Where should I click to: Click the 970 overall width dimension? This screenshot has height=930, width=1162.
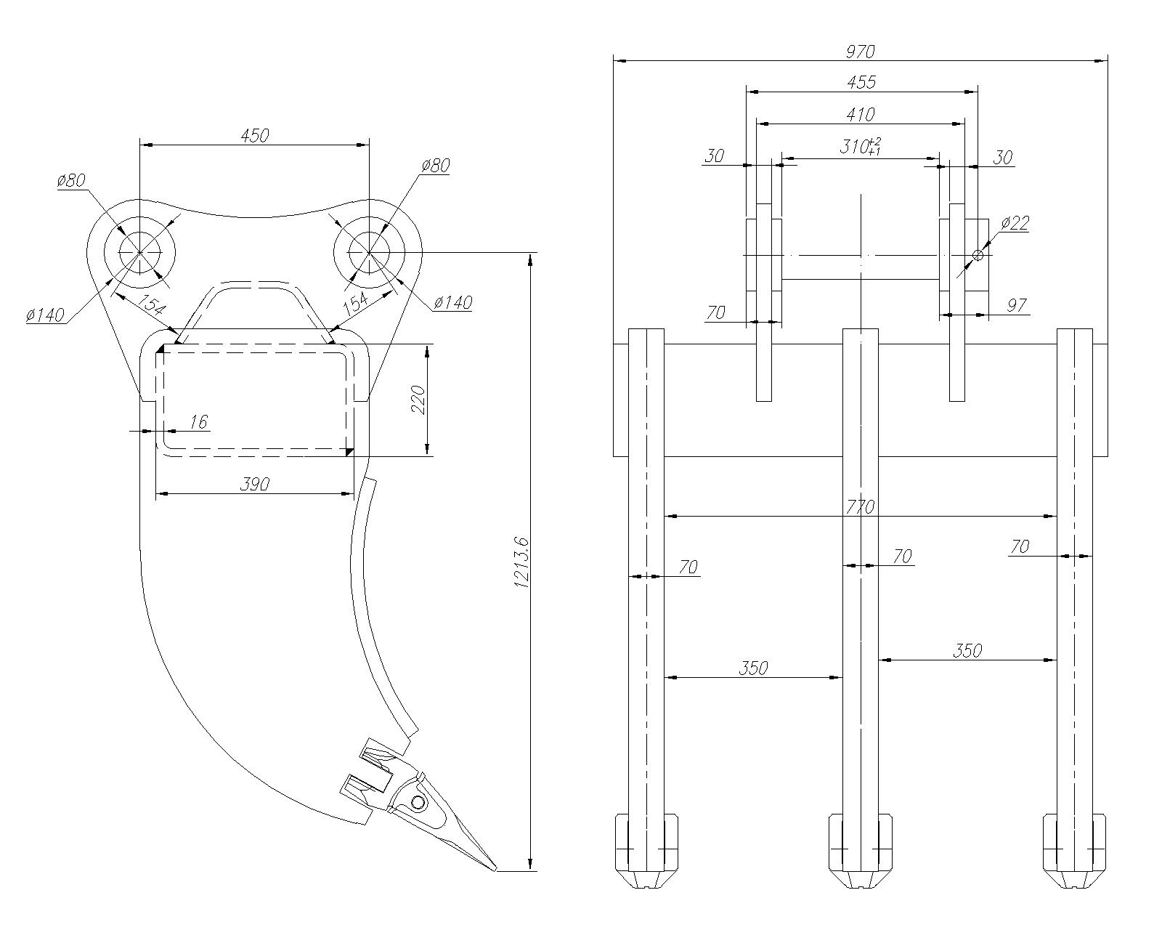[860, 52]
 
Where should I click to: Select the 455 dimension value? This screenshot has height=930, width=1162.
[861, 82]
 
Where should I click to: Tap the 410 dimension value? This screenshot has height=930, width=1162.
[860, 114]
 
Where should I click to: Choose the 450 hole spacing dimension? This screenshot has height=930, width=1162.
[254, 135]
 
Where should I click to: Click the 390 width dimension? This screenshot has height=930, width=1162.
[254, 484]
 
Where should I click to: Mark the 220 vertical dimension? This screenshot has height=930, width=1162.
[419, 400]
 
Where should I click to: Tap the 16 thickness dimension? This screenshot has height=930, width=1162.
[198, 421]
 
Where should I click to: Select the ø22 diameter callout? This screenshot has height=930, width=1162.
[1015, 223]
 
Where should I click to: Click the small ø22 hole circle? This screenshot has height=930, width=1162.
[978, 255]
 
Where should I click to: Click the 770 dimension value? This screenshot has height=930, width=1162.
[860, 506]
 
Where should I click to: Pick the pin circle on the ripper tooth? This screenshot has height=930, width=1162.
[418, 802]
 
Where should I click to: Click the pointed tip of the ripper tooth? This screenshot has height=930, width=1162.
[495, 870]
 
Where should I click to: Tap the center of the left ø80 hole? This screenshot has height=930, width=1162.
[140, 252]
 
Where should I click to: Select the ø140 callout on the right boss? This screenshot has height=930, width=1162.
[452, 302]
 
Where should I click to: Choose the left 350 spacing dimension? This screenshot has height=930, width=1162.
[752, 668]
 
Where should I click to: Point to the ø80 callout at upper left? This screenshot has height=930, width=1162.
[71, 180]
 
